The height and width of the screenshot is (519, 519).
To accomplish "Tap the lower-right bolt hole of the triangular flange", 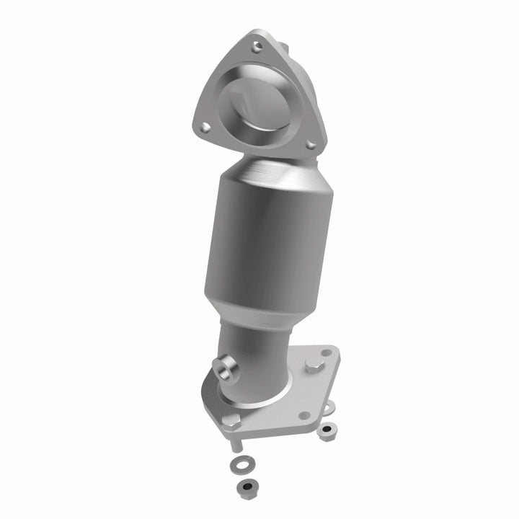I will tap(310, 145).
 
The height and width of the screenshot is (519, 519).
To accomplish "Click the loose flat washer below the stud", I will tap(236, 465).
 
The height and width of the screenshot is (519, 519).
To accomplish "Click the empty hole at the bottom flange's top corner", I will tap(327, 353).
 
